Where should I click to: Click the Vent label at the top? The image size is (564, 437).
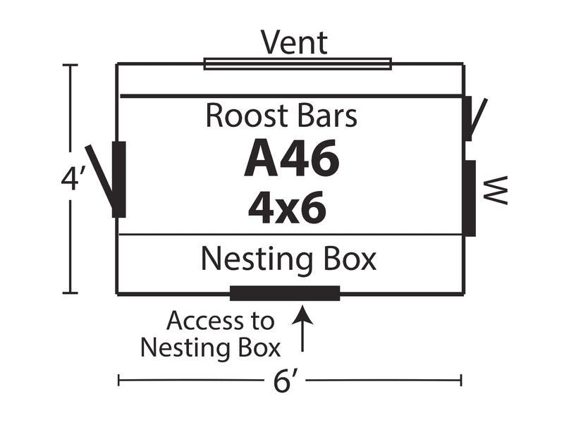(294, 42)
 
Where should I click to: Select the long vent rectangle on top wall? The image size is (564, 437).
(298, 64)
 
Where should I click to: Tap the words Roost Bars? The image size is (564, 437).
(281, 116)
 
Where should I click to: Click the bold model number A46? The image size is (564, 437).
(291, 159)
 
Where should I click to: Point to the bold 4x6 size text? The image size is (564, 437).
(286, 208)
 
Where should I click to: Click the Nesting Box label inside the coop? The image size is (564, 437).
(288, 259)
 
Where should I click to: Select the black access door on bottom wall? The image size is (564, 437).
(285, 293)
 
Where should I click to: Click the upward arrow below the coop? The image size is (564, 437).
(302, 328)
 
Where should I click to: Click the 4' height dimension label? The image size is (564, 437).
(73, 178)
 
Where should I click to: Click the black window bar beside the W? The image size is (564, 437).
(470, 198)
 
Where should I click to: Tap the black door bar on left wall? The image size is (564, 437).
(119, 179)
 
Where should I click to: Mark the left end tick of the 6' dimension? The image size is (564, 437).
(118, 381)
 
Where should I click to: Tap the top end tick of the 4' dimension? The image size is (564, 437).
(69, 65)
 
